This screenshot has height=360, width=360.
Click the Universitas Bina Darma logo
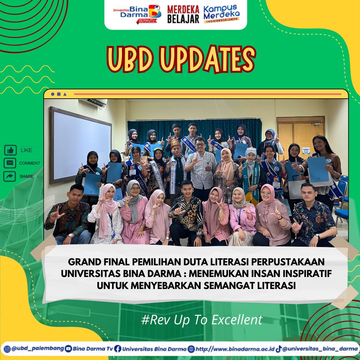pos(137,14)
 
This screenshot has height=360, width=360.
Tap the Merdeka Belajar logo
pos(183,14)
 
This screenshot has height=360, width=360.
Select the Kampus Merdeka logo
pos(222,14)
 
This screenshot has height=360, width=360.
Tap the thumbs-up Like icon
pos(10,150)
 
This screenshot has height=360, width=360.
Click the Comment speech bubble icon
pos(10,163)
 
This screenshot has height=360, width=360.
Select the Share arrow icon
pos(10,176)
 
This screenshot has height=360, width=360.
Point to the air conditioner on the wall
pos(93,103)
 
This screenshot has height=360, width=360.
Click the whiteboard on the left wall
pos(80,145)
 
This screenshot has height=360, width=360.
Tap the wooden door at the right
pos(300,138)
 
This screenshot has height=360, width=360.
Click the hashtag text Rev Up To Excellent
pos(202,319)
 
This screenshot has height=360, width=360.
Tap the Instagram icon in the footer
pos(7,349)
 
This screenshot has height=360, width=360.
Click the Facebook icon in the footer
pos(117,349)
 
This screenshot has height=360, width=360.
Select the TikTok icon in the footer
pos(278,349)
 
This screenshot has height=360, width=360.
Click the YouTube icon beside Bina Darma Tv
pos(68,349)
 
